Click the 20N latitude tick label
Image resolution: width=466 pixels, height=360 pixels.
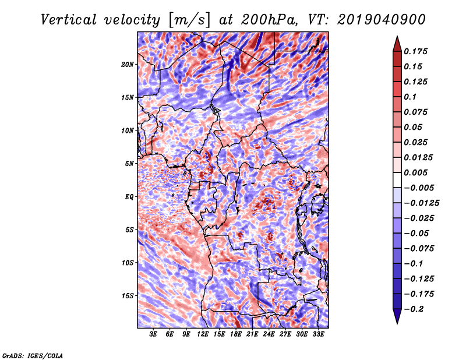[128, 65]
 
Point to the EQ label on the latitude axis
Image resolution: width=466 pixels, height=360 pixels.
[129, 197]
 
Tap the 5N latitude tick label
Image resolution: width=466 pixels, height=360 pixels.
[129, 164]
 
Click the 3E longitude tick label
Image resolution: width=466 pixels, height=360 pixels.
[153, 334]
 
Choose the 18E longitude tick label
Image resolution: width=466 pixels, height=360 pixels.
[236, 334]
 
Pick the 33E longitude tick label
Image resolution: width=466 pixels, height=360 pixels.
[318, 334]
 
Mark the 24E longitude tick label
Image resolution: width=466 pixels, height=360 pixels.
[269, 334]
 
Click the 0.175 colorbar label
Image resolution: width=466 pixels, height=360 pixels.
[416, 51]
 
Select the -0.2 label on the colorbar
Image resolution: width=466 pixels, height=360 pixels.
[414, 309]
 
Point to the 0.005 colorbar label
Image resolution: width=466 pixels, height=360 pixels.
[416, 172]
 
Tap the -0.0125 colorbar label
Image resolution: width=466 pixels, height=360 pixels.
[421, 203]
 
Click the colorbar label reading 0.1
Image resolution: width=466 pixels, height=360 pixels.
[410, 97]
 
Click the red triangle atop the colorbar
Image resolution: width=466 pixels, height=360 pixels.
[397, 44]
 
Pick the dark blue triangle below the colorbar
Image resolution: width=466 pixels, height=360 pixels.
[397, 316]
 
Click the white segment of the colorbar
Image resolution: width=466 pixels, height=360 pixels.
[397, 180]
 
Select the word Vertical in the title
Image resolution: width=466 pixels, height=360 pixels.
[69, 20]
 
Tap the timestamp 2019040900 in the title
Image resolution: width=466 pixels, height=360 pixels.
[382, 20]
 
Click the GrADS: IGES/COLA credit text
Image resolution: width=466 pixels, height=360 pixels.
[33, 356]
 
